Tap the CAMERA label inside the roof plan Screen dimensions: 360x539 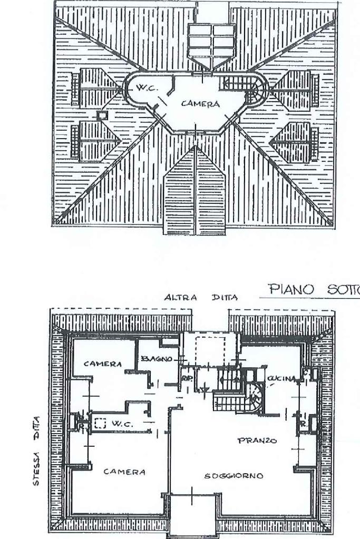click(200, 104)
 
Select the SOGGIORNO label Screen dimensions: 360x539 click(233, 476)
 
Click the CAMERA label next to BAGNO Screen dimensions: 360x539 click(103, 364)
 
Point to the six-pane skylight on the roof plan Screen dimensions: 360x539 click(211, 41)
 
